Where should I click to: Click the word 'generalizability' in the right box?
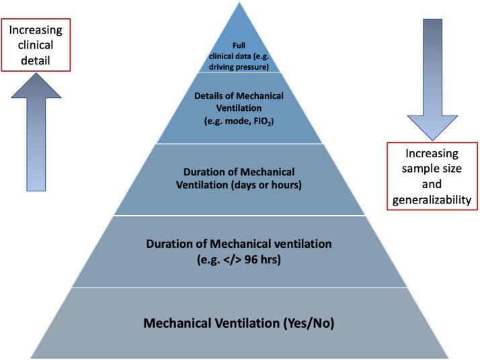[x=432, y=199]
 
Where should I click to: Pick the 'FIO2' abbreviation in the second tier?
[x=264, y=122]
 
